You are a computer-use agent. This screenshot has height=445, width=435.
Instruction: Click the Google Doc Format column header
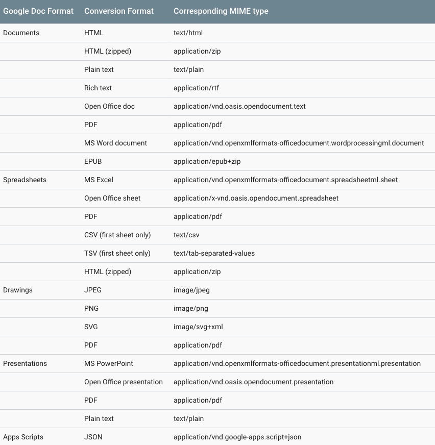[x=38, y=11]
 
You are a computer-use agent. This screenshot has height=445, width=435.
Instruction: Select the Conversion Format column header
[x=119, y=11]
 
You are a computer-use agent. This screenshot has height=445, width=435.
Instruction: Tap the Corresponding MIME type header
[x=221, y=11]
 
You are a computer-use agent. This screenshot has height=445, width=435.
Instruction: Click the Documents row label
[x=21, y=33]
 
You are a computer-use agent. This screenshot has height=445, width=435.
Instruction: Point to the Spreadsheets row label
[x=25, y=180]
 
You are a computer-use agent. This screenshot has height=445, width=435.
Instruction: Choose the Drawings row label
[x=18, y=290]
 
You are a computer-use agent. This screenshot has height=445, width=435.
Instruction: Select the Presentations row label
[x=25, y=363]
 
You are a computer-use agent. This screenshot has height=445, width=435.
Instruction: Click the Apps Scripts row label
[x=23, y=437]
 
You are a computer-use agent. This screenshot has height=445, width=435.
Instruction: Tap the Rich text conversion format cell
[x=98, y=88]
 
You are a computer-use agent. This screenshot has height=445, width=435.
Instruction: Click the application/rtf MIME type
[x=196, y=88]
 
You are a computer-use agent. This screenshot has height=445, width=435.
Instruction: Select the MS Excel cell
[x=99, y=180]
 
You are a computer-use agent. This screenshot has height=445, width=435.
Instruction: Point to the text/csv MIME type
[x=187, y=235]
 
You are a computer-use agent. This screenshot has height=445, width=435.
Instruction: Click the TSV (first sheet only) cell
[x=117, y=253]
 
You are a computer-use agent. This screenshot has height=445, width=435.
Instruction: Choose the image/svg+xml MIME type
[x=198, y=327]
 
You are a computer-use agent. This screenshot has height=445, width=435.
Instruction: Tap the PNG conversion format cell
[x=91, y=308]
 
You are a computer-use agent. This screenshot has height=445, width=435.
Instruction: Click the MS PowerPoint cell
[x=109, y=363]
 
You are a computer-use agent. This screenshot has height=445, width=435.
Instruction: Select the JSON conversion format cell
[x=93, y=437]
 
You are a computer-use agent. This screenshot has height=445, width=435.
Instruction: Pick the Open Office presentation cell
[x=124, y=382]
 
